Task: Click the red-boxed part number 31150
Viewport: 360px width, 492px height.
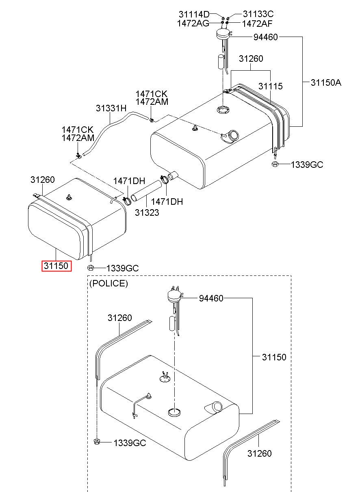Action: point(56,266)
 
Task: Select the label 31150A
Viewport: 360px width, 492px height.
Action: point(326,82)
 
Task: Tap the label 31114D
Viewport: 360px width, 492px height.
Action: point(194,14)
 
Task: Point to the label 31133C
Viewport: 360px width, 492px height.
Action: point(258,14)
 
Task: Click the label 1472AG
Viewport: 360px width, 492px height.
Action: point(193,23)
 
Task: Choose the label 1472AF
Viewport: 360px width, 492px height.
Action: point(257,24)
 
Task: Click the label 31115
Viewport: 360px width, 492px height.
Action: point(270,86)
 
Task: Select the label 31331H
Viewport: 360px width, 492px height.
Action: point(111,108)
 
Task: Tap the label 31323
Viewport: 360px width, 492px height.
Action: point(147,212)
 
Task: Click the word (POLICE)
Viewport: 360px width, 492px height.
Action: point(108,283)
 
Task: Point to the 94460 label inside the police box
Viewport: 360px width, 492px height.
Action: point(211,298)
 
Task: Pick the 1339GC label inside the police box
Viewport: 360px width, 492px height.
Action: point(130,443)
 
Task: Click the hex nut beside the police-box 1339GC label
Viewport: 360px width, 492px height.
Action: point(96,442)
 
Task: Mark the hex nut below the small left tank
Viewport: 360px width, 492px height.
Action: point(91,268)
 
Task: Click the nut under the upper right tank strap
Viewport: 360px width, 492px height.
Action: point(275,164)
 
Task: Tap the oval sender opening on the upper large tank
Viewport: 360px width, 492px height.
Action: point(223,109)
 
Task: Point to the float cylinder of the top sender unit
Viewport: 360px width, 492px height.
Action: point(221,62)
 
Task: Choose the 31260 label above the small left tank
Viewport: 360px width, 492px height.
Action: point(43,180)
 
